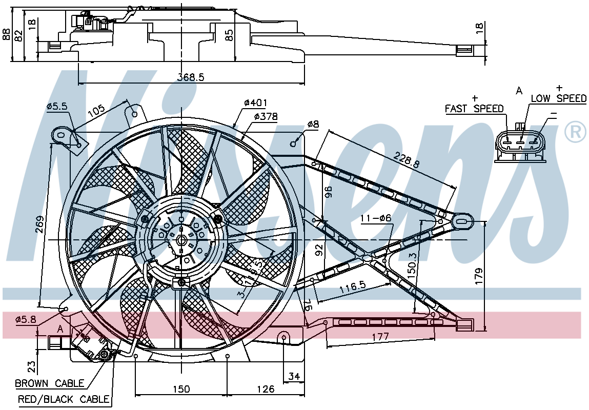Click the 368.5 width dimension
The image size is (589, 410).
[x=191, y=77]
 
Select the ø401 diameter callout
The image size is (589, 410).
[x=255, y=102]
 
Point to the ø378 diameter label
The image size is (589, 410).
[x=266, y=117]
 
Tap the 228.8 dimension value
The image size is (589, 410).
[x=407, y=159]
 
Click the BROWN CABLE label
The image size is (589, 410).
[x=50, y=383]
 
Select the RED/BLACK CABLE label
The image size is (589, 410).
[x=64, y=399]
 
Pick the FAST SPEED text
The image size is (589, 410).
[x=474, y=109]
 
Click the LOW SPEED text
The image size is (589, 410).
[x=559, y=98]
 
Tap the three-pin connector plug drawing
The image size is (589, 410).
[x=519, y=142]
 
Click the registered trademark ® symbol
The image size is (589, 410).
[x=575, y=132]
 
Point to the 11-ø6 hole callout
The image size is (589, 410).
[x=376, y=218]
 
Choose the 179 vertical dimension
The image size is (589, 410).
[x=479, y=276]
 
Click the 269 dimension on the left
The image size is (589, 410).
[x=40, y=224]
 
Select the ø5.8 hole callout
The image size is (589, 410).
[x=26, y=320]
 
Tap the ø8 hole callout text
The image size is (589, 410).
[x=313, y=124]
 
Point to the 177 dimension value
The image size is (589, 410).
[x=380, y=336]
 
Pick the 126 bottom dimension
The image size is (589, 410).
[x=266, y=389]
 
